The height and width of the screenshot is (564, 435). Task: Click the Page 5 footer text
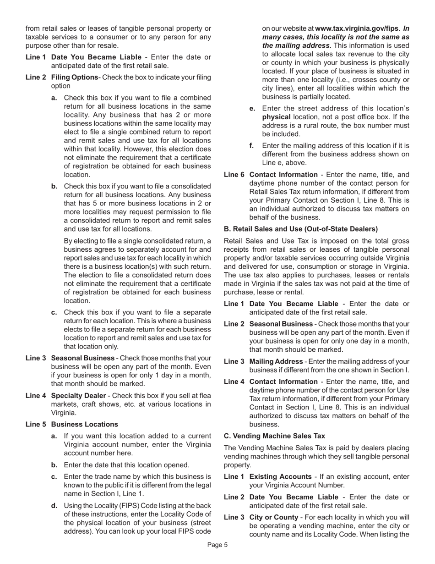(x=217, y=545)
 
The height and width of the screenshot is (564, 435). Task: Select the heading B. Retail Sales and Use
(x=301, y=229)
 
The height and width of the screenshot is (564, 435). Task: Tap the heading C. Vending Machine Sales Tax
(x=274, y=436)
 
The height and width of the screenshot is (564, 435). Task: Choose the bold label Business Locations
(x=84, y=425)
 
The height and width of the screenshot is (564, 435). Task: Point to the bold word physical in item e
(x=276, y=117)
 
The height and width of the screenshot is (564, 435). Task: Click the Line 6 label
(x=234, y=174)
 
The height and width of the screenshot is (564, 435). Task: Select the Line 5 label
(x=36, y=425)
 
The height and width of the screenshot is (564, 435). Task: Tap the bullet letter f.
(x=251, y=146)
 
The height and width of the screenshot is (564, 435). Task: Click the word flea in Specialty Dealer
(x=204, y=396)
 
